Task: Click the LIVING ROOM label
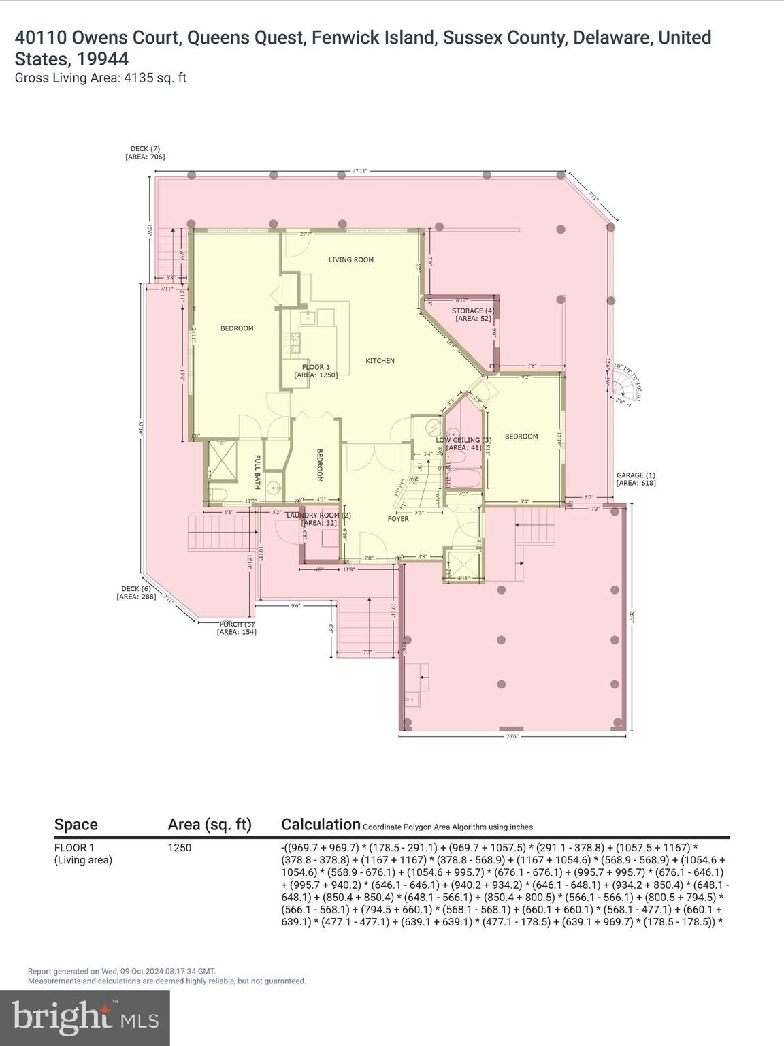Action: (351, 259)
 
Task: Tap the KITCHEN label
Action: (380, 361)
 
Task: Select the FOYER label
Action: (398, 519)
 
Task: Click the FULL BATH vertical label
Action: (258, 472)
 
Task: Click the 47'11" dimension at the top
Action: (360, 171)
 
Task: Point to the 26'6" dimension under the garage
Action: (514, 736)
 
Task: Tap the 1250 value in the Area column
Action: (180, 848)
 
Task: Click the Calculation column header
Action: (321, 825)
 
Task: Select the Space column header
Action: (76, 825)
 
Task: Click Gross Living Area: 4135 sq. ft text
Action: (101, 78)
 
